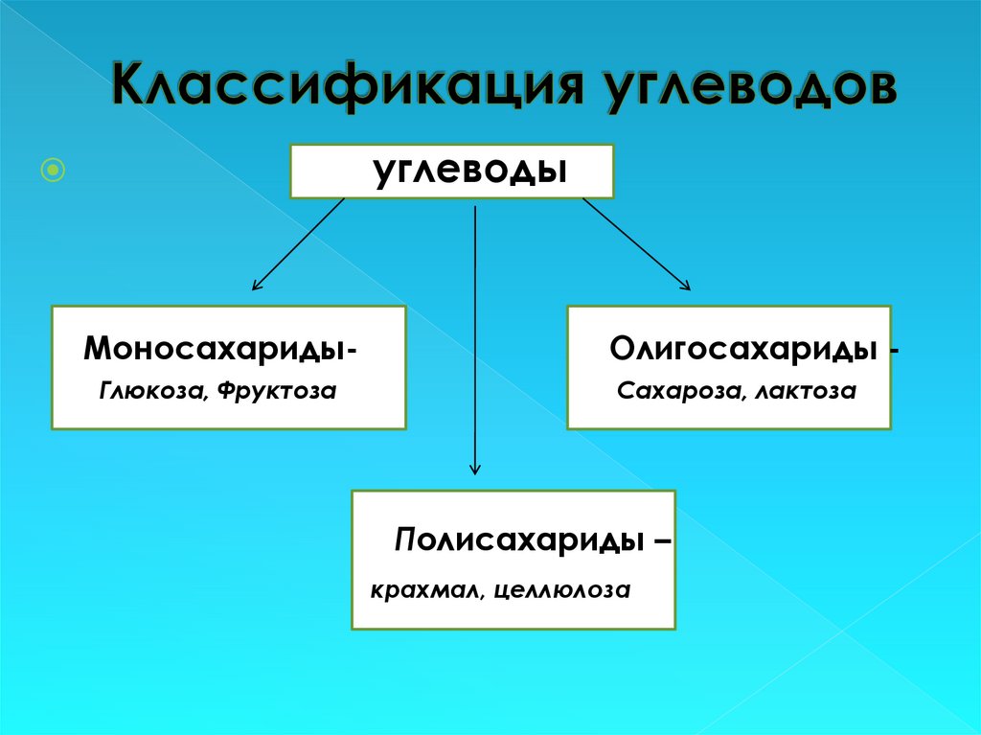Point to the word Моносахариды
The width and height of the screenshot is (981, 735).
click(x=215, y=347)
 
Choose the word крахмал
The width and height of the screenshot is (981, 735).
click(x=427, y=589)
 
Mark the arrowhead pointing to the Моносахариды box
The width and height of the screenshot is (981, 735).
click(x=255, y=286)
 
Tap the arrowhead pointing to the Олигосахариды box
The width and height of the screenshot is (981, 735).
click(x=685, y=285)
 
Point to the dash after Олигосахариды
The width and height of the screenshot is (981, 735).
click(x=894, y=351)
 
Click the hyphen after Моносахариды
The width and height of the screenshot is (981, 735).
click(x=355, y=351)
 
